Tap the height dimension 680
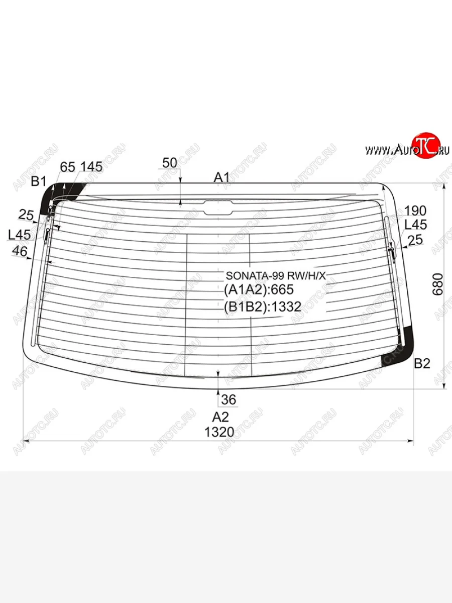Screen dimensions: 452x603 point(438,284)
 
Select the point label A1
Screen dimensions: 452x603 point(222,177)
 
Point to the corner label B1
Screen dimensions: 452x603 point(39,181)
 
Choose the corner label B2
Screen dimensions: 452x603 point(422,364)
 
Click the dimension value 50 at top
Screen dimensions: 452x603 point(170,163)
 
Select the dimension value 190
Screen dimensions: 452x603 point(415,211)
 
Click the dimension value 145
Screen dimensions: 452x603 point(92,167)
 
